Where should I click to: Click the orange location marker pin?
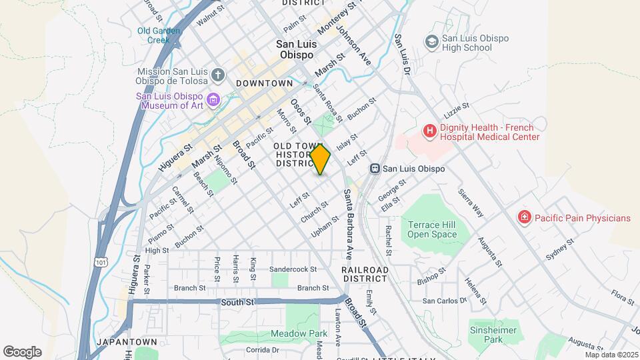click(x=320, y=159)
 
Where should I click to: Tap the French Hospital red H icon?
click(x=430, y=131)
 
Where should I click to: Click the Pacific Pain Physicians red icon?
click(x=525, y=217)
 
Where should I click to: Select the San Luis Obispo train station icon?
click(x=375, y=169)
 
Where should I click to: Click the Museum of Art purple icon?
click(x=213, y=101)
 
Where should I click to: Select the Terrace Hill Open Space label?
click(x=432, y=229)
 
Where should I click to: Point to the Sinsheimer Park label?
click(x=494, y=335)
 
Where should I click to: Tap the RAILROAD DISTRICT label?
click(x=364, y=274)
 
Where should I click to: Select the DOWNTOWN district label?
click(x=264, y=83)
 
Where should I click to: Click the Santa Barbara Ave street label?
click(x=347, y=224)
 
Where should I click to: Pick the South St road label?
click(x=237, y=302)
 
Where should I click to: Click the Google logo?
click(x=22, y=351)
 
